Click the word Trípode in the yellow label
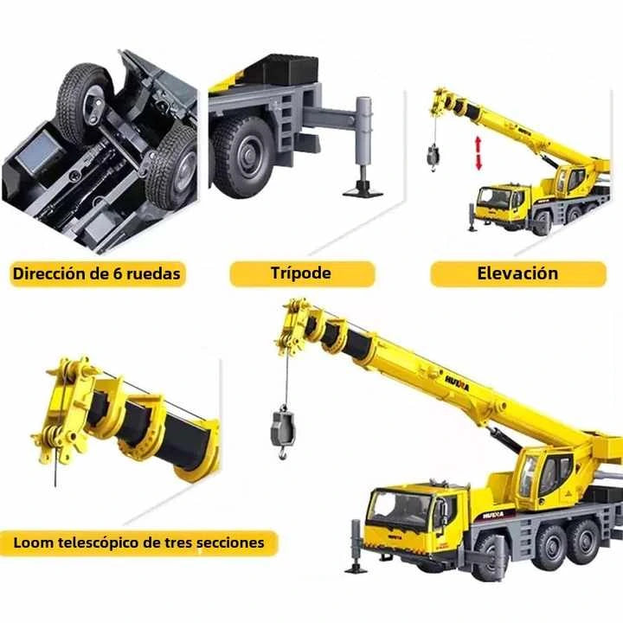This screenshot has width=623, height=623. [x=301, y=273]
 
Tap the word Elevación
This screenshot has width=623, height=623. [x=517, y=273]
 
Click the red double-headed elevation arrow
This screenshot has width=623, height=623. [x=478, y=153]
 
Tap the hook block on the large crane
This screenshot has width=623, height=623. [x=283, y=431]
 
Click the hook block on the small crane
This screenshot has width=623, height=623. [x=433, y=156]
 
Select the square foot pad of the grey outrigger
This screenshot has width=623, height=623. [x=363, y=192]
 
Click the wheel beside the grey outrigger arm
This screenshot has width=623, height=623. [x=242, y=157]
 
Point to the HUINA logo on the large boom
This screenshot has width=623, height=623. [x=457, y=383]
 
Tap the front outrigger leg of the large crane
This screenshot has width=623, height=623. [x=356, y=547]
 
